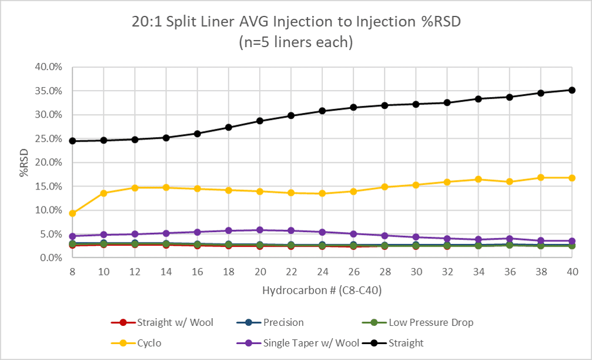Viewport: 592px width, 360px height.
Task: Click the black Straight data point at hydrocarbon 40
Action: click(x=571, y=90)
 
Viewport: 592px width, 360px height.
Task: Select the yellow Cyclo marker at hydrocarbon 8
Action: click(x=72, y=213)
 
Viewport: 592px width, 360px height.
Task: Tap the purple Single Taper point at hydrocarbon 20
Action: click(x=259, y=230)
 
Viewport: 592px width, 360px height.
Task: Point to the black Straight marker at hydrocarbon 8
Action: click(x=72, y=141)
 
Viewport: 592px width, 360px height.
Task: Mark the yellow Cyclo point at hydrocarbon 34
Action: click(x=478, y=179)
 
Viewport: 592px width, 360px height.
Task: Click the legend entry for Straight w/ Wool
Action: click(x=162, y=322)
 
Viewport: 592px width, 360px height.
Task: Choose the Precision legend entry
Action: click(x=275, y=322)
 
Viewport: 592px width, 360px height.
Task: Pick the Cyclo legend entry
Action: click(x=150, y=342)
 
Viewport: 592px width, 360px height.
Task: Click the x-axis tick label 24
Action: click(x=322, y=271)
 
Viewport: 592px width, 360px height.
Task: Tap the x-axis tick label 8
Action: click(x=72, y=271)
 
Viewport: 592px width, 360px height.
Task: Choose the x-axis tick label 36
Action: click(x=509, y=271)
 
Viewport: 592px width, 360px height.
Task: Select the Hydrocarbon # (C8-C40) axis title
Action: click(x=322, y=290)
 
